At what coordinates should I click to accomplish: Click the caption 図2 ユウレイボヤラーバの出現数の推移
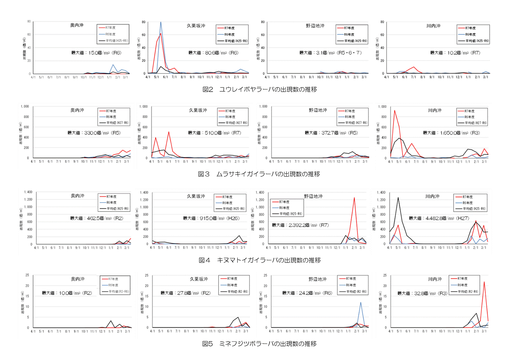coord(259,89)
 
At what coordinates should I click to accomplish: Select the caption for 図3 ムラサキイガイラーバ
coord(259,174)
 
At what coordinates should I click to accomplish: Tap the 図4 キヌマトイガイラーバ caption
coord(259,260)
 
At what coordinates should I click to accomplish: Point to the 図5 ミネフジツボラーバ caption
coord(259,344)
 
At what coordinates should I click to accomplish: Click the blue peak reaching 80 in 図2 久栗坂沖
coord(161,22)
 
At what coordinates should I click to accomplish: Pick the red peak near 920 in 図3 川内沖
coord(394,111)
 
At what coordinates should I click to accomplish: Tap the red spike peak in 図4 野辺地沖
coord(354,198)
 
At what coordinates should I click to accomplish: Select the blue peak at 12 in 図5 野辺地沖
coord(360,302)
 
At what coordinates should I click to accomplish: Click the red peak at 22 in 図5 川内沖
coord(484,282)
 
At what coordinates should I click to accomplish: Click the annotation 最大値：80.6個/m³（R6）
coord(213,53)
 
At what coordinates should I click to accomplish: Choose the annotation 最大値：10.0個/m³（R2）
coord(67,293)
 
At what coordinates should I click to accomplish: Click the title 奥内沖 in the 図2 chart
coord(77,25)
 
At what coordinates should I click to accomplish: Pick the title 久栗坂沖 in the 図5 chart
coord(199,279)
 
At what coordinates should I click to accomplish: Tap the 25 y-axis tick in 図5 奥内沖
coord(27,275)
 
